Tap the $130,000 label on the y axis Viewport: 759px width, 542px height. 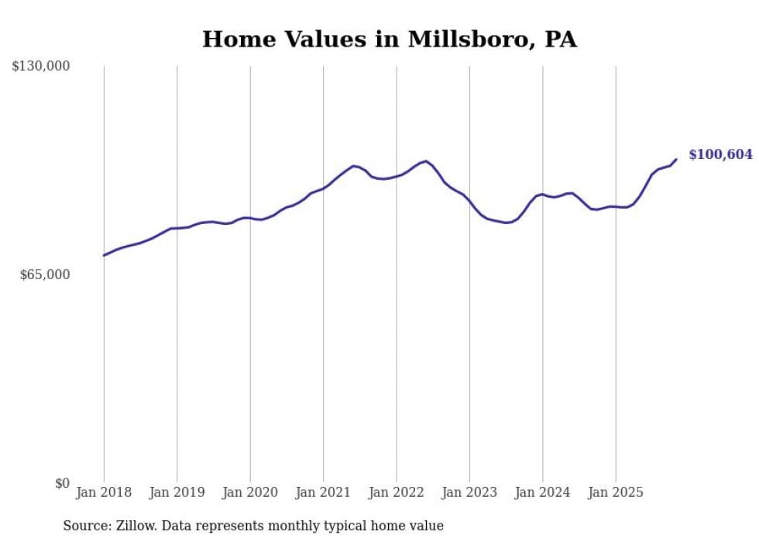click(41, 67)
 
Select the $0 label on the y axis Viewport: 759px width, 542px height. click(62, 483)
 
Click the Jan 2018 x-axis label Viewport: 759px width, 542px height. click(104, 492)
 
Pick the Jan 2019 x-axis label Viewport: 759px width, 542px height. click(177, 492)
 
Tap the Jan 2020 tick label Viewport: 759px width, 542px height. click(250, 492)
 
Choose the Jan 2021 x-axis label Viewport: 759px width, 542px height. click(323, 492)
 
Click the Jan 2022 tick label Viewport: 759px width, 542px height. click(397, 492)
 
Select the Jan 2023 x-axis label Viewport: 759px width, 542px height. click(469, 492)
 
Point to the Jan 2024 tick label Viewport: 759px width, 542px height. click(543, 492)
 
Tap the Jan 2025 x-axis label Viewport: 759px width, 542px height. click(616, 492)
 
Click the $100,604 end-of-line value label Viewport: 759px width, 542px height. click(720, 155)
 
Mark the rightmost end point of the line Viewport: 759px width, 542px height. click(676, 160)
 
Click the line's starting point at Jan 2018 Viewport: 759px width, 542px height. click(104, 255)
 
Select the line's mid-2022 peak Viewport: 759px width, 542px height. click(426, 161)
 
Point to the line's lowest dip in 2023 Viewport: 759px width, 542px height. click(507, 223)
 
